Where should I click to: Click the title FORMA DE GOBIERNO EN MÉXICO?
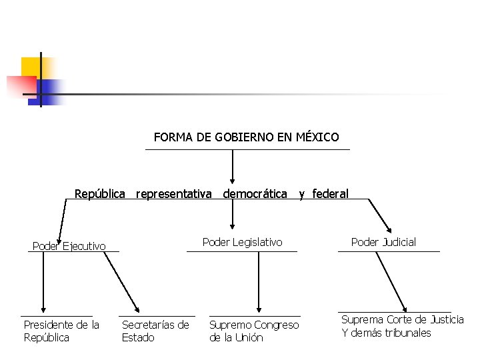point(246,137)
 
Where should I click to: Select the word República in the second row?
point(100,194)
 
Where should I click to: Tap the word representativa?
point(174,194)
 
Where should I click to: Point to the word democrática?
point(255,194)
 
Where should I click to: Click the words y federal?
point(323,194)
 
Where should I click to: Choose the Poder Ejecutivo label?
point(69,246)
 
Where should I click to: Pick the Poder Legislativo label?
point(243,242)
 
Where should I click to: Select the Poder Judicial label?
point(383,242)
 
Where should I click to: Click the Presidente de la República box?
point(61,331)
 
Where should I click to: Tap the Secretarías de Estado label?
point(155,331)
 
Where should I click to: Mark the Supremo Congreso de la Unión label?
point(254,331)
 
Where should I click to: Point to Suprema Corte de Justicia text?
point(403,320)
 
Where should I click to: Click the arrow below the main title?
point(232,167)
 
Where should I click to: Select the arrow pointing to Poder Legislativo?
point(232,217)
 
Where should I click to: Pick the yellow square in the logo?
point(31,67)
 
